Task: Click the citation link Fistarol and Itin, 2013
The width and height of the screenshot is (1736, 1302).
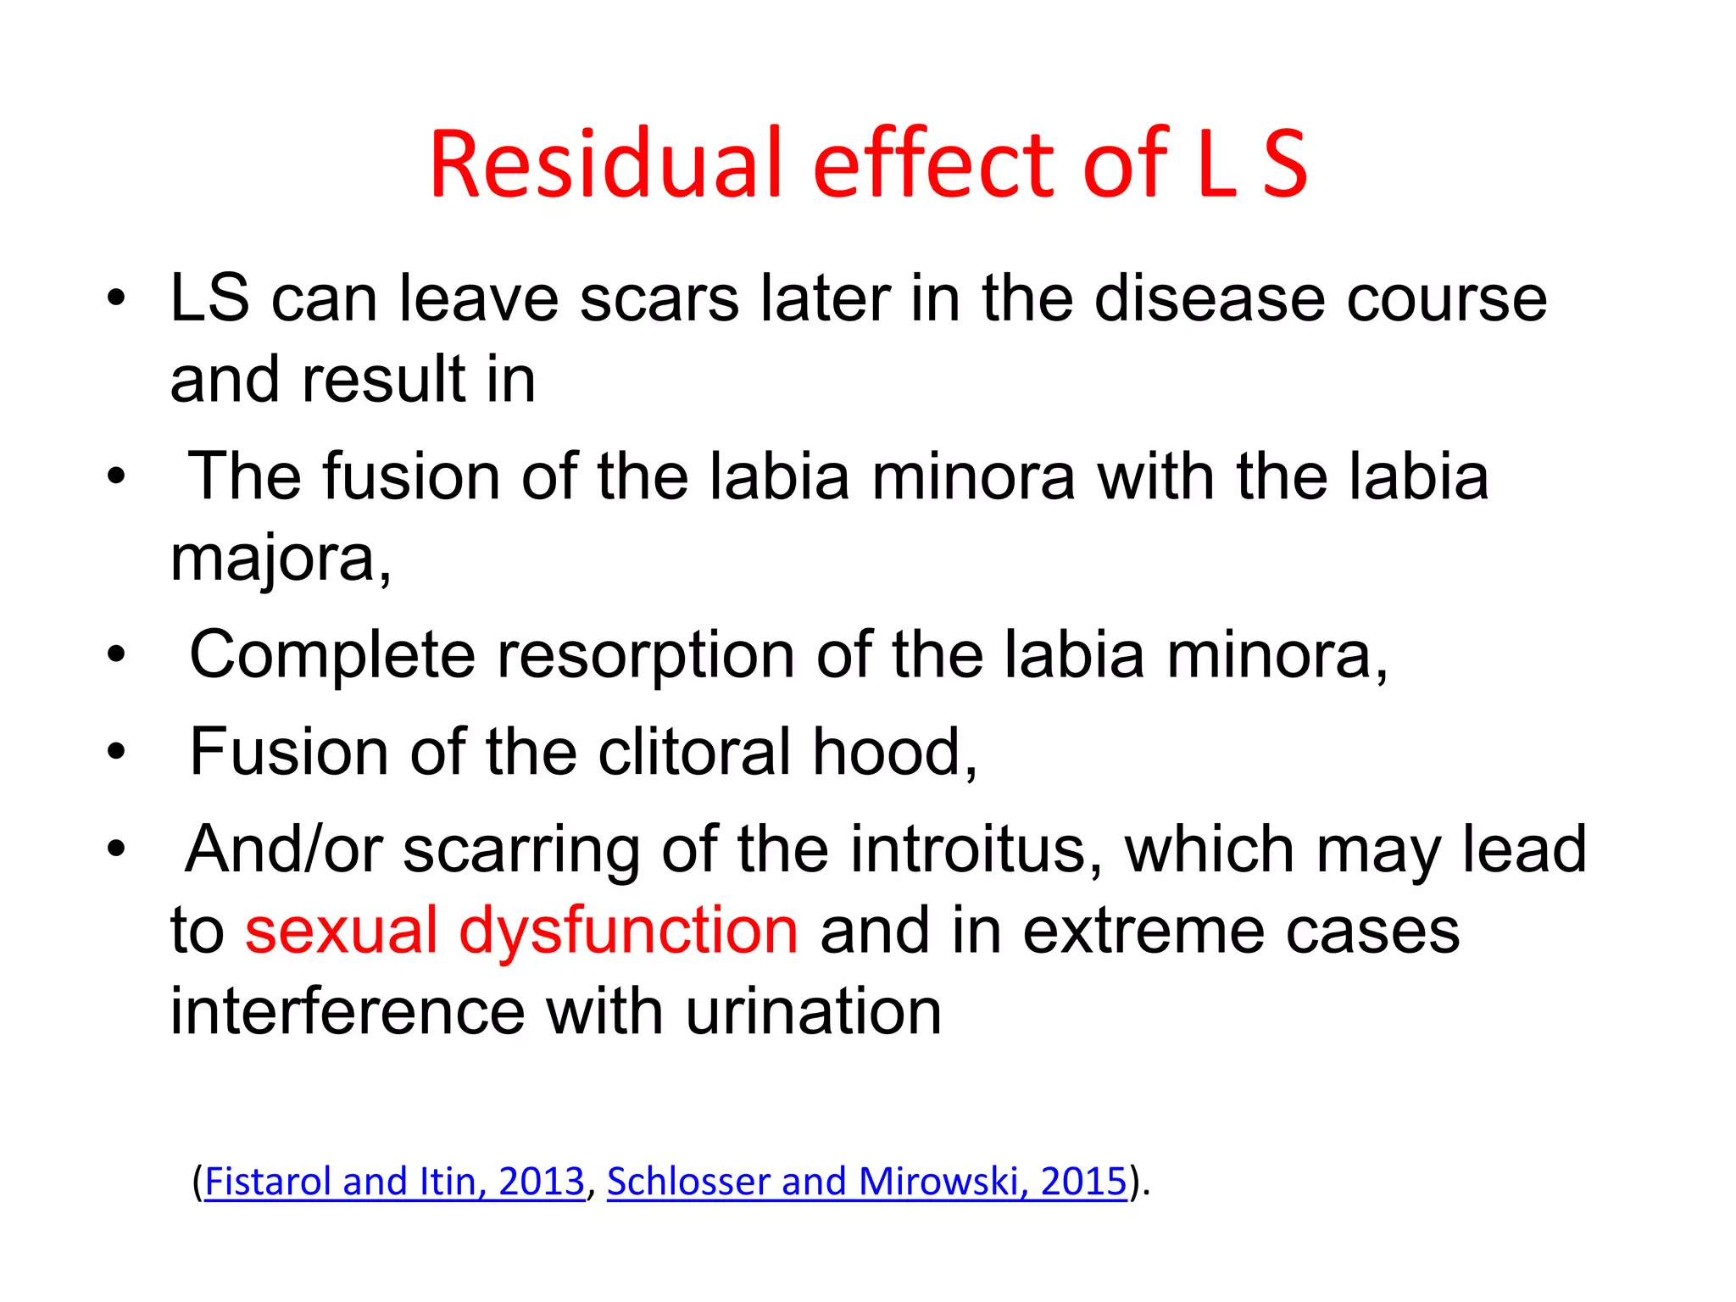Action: tap(394, 1181)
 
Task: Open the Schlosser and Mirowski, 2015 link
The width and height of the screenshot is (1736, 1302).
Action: tap(866, 1181)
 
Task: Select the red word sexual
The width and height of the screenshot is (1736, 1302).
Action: tap(341, 931)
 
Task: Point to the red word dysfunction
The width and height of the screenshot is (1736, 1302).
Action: tap(628, 931)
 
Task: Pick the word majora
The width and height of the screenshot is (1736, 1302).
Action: tap(280, 559)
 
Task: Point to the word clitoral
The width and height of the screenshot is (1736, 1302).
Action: tap(694, 752)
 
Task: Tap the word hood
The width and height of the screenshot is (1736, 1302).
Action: tap(894, 752)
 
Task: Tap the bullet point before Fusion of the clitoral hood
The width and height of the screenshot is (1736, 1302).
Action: tap(116, 752)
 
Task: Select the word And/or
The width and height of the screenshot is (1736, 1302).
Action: tap(284, 849)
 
